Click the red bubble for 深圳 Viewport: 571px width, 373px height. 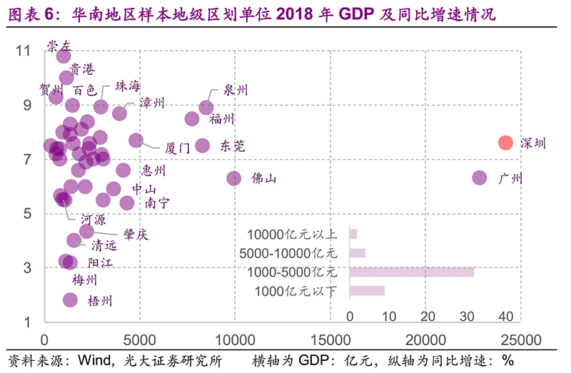(505, 142)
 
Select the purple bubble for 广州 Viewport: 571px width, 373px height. (479, 178)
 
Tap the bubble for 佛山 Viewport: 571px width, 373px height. (234, 178)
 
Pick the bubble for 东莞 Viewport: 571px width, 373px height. (203, 145)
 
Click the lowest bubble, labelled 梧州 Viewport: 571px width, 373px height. (70, 300)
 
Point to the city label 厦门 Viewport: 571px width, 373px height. (177, 148)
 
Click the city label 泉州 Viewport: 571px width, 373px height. (236, 90)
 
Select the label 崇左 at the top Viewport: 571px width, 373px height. (59, 46)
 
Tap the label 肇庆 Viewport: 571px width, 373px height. (136, 234)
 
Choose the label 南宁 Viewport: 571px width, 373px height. (157, 203)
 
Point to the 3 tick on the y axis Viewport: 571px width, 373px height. (26, 268)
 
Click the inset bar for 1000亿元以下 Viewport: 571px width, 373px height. (367, 290)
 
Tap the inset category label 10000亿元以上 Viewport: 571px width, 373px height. (292, 234)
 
